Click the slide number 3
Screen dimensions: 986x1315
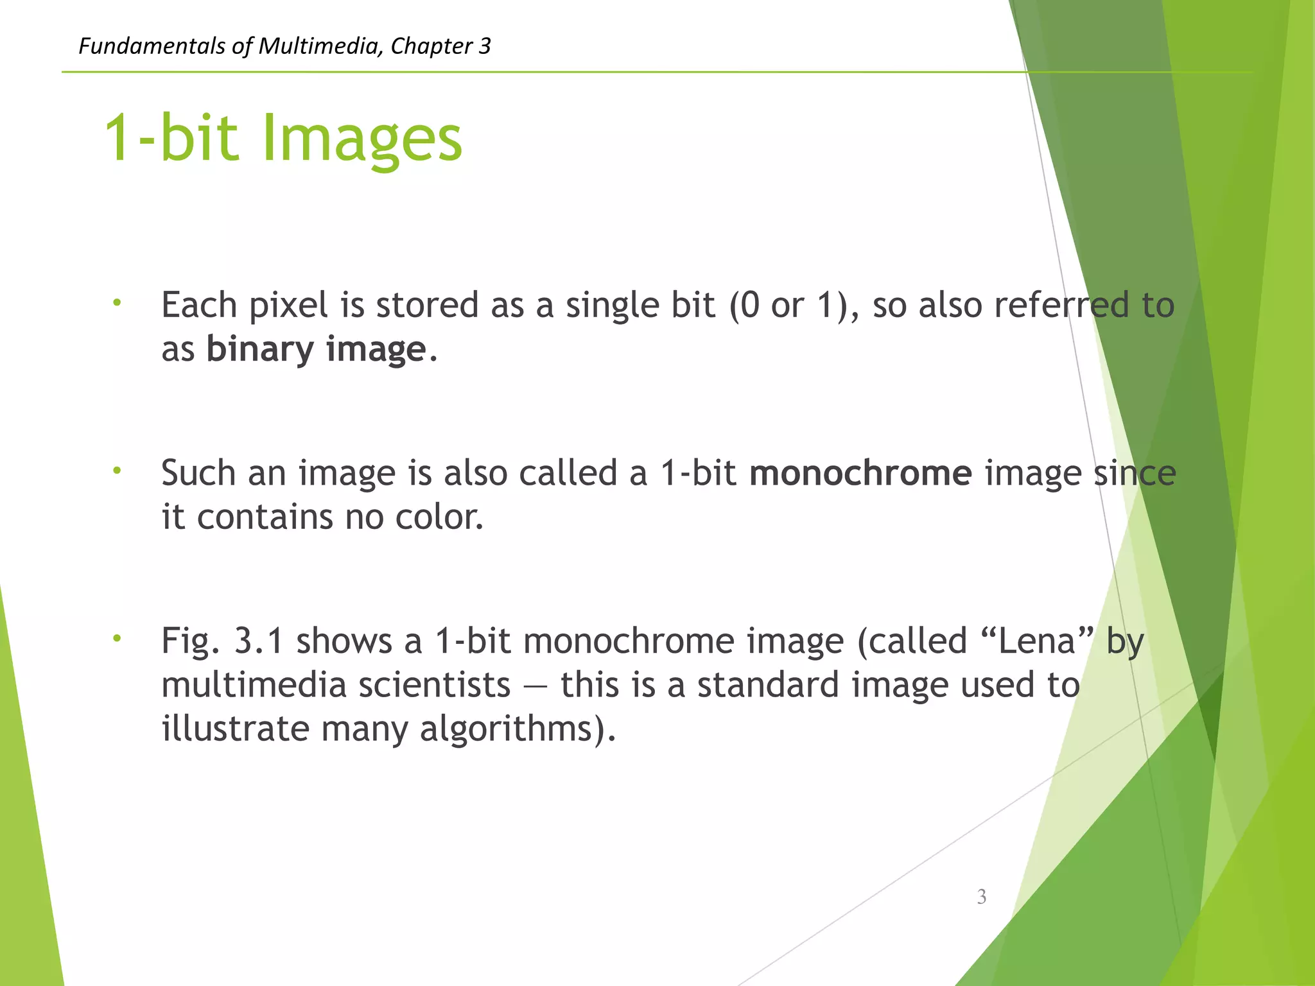pos(981,896)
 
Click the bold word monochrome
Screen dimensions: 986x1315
pos(860,474)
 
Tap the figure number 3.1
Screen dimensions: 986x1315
pos(258,641)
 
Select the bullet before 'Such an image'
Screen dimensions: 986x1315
pos(116,471)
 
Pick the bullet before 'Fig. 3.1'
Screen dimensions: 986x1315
pos(116,639)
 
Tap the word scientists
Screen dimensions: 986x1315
pos(435,686)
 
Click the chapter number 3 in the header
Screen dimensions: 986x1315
pos(485,46)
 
